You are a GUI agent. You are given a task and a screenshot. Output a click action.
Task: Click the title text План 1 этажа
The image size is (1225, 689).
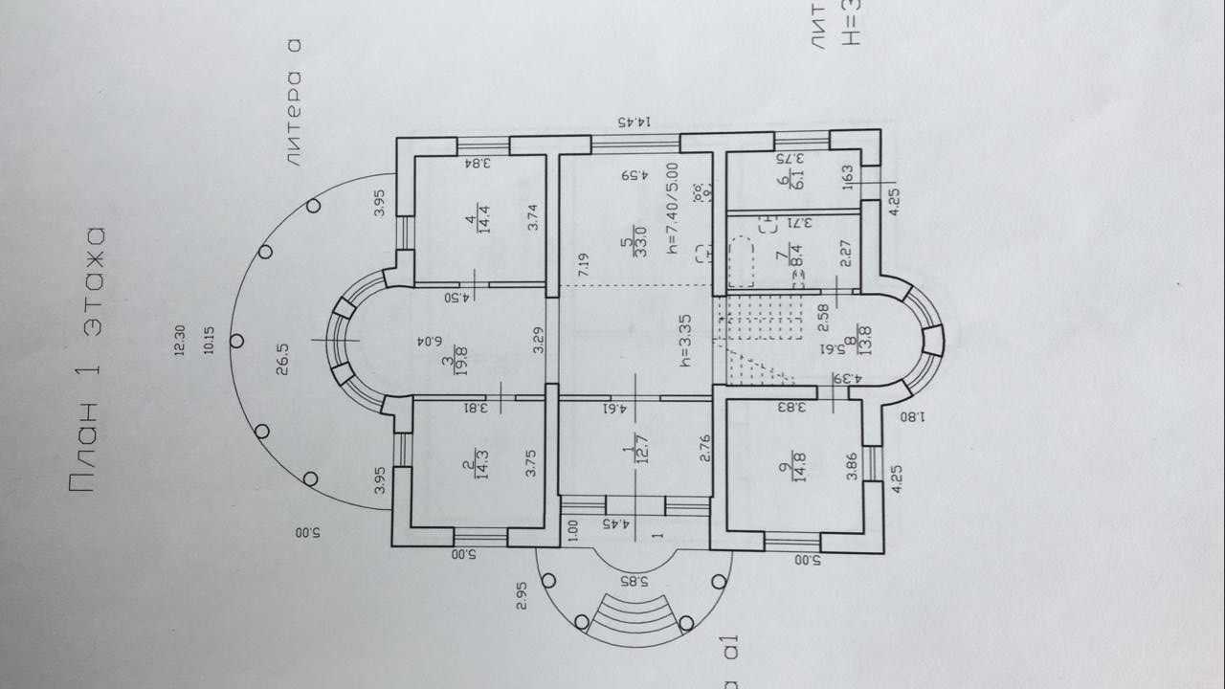pos(86,361)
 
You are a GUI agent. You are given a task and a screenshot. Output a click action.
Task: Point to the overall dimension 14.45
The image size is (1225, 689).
pos(635,122)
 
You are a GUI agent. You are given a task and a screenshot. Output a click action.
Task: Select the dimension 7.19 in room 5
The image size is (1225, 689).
pos(583,265)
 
